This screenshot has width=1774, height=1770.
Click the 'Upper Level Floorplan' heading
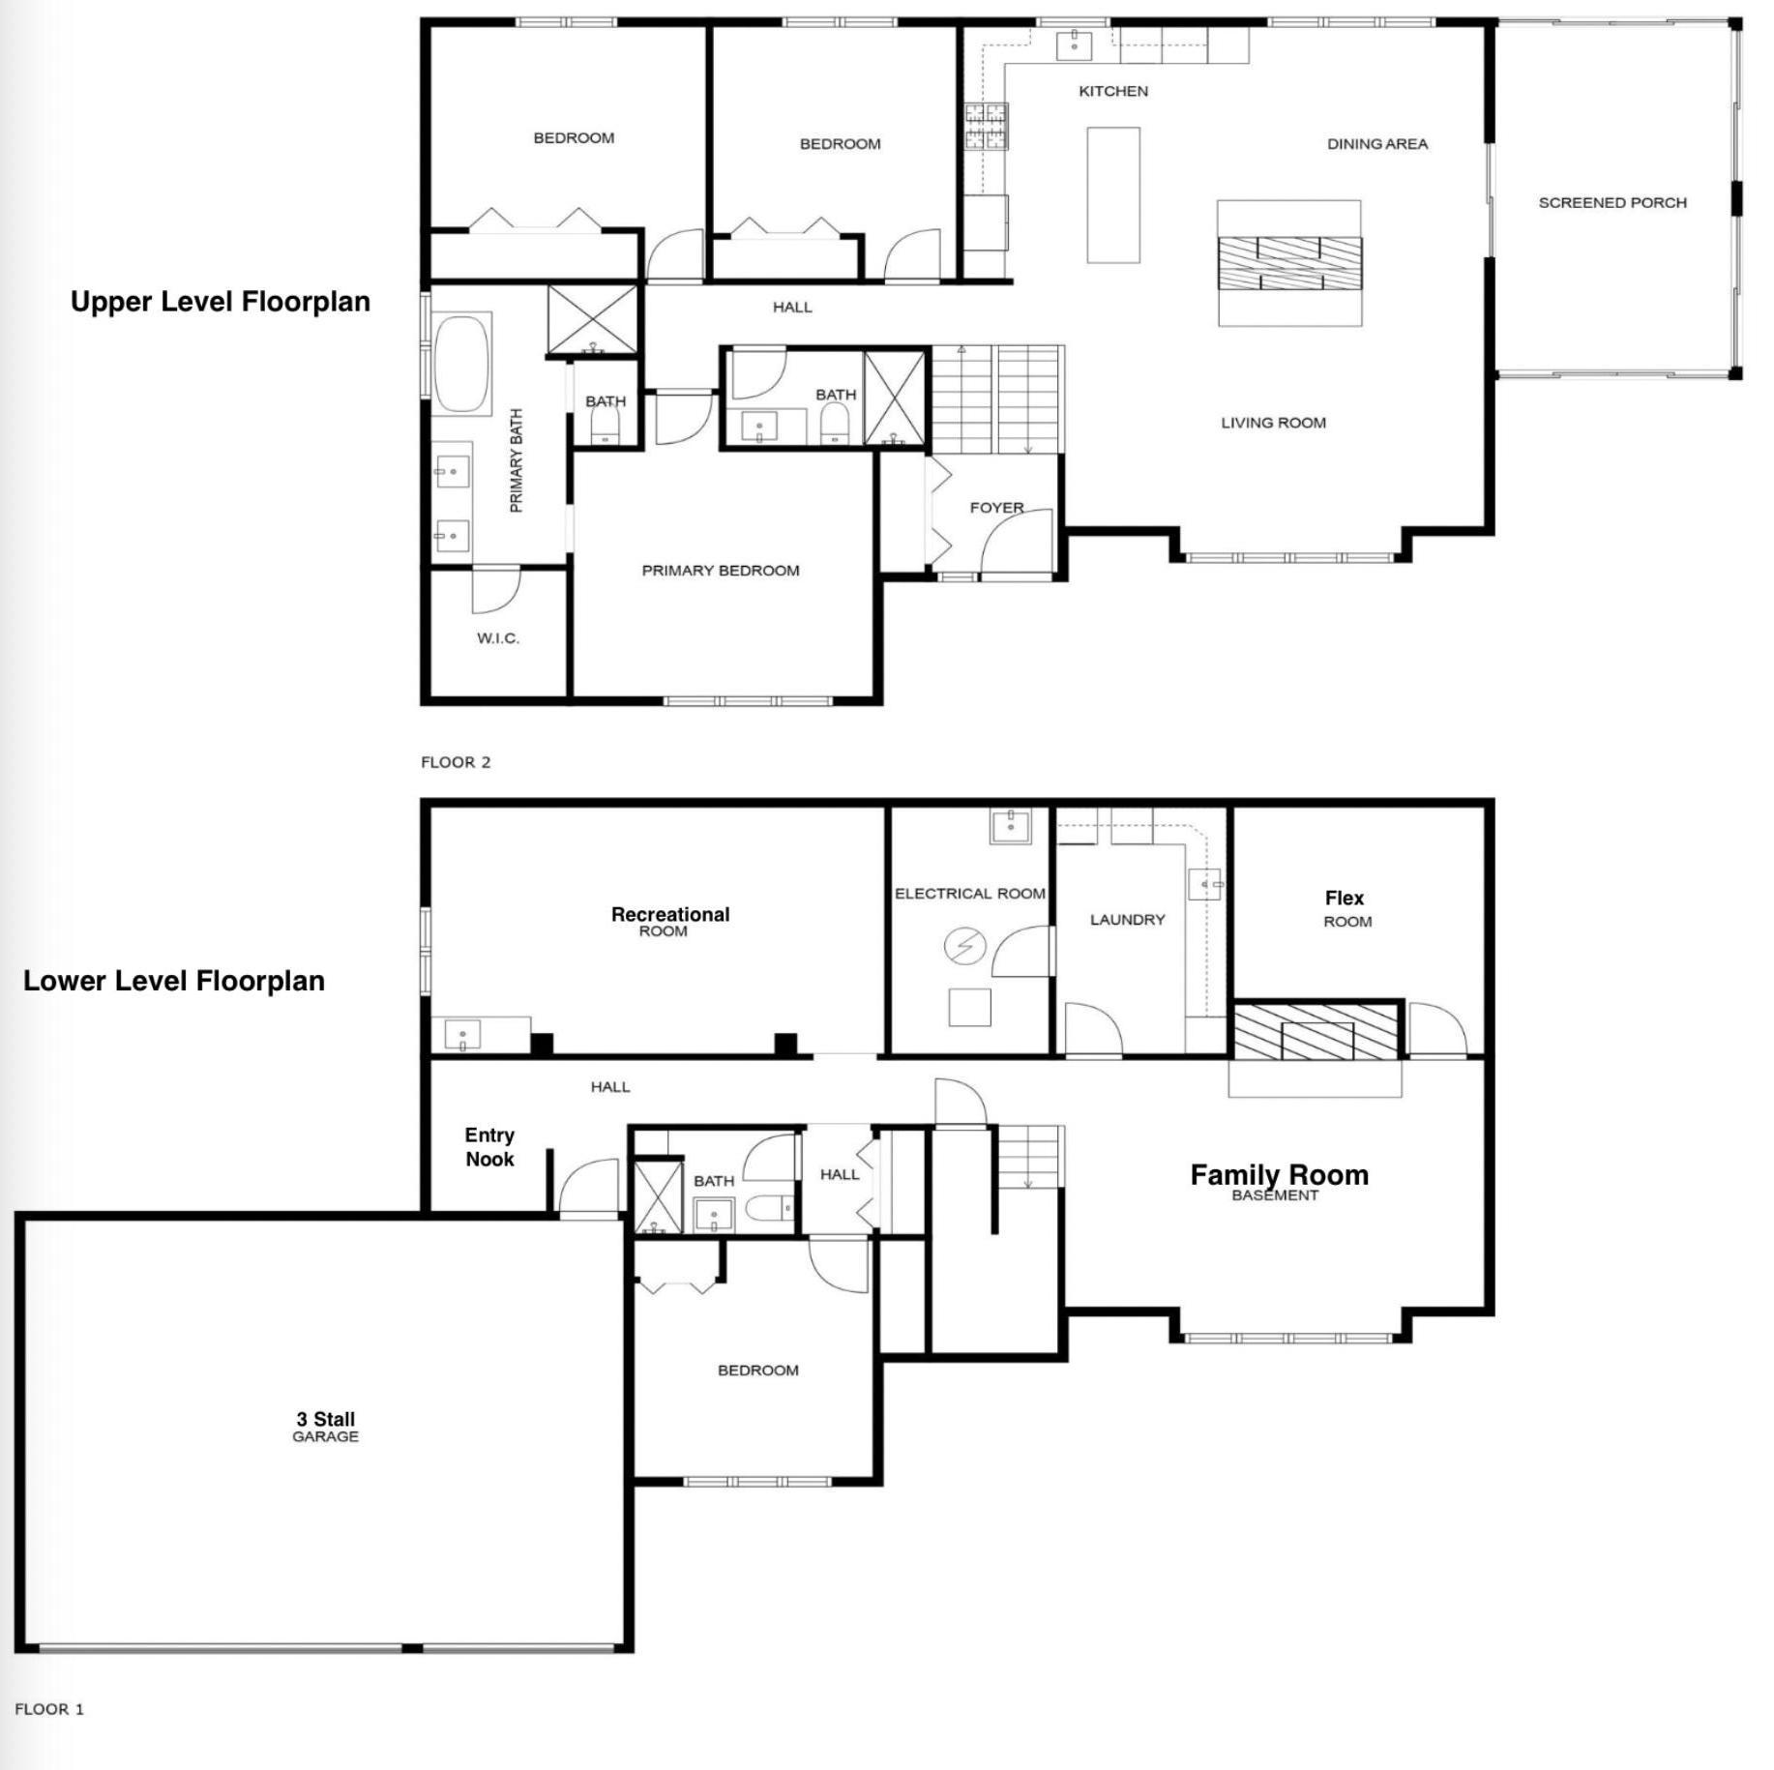pos(220,302)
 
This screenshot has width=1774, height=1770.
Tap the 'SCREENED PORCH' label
pos(1611,203)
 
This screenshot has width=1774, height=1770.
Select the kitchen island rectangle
pos(1112,194)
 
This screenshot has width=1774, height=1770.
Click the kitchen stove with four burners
pos(986,127)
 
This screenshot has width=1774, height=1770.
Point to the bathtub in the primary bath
pos(461,364)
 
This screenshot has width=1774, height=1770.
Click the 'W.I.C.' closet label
pos(498,638)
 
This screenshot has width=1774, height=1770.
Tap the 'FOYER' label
pos(996,508)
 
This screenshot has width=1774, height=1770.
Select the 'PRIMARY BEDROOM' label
pos(721,571)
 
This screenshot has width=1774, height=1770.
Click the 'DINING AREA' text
pos(1376,144)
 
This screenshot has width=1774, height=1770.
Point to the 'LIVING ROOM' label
pos(1273,423)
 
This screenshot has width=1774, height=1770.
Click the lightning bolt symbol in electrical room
pos(964,946)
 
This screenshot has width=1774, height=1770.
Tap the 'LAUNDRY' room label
pos(1127,920)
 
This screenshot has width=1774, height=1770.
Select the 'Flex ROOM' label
pos(1345,908)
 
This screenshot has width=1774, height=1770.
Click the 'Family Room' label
pos(1279,1176)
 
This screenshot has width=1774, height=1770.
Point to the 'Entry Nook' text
pos(489,1147)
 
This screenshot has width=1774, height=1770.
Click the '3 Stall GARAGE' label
pos(325,1427)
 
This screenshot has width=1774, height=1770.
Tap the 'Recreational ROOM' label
pos(669,921)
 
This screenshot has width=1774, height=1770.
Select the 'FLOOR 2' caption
pos(456,762)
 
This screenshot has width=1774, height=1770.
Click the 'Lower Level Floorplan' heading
pos(174,981)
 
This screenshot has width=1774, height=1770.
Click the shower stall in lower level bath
pos(658,1197)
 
